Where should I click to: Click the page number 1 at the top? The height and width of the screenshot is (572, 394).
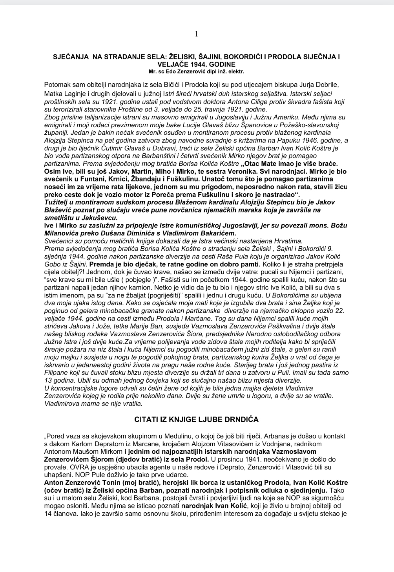[196, 34]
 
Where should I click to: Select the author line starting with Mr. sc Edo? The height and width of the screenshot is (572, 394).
[196, 71]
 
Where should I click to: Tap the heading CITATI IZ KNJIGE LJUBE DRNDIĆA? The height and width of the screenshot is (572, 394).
[196, 419]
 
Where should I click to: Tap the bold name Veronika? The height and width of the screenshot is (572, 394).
[228, 171]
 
